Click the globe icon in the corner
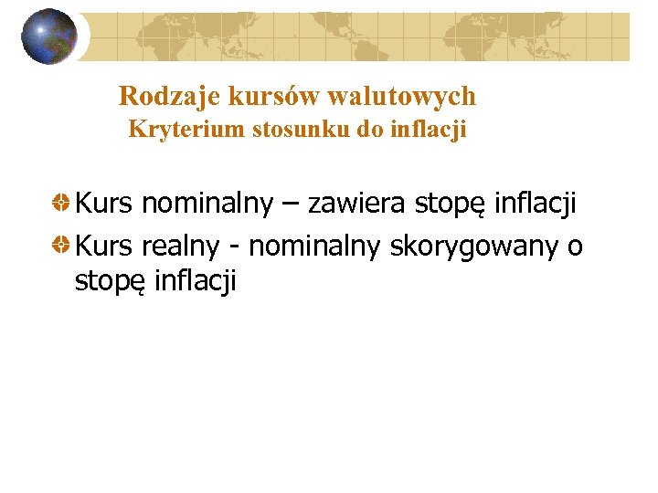tap(49, 37)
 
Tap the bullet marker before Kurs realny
tap(60, 246)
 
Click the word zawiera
tap(357, 203)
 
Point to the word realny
tap(181, 246)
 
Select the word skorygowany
tap(475, 246)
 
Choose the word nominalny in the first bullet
tap(207, 203)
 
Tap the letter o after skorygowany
tap(575, 246)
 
